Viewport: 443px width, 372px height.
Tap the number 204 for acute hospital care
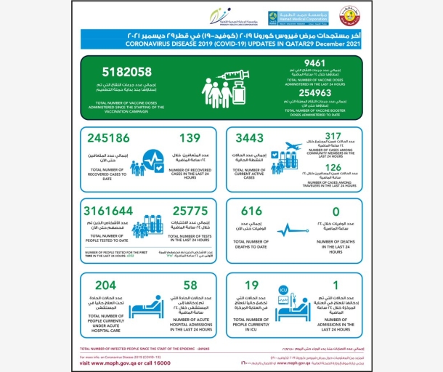[106, 286]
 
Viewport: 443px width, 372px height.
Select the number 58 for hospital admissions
[190, 286]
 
